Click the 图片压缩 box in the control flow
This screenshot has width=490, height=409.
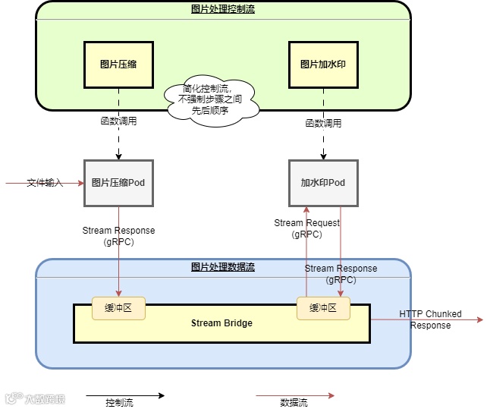[118, 64]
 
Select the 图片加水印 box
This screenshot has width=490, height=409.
[323, 64]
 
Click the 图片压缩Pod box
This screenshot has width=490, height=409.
[118, 183]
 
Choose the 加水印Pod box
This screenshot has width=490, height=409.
[323, 183]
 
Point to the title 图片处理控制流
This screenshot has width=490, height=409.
[223, 9]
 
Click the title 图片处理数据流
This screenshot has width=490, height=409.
[223, 267]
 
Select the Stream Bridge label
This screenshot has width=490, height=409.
[221, 323]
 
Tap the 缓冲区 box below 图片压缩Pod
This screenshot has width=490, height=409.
[118, 307]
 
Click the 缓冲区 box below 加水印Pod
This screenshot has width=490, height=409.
[323, 307]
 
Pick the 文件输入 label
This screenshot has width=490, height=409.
[45, 183]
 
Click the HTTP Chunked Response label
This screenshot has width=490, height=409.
[430, 319]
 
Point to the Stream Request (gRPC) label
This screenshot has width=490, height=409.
[306, 228]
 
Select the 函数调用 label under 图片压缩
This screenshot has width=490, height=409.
[119, 121]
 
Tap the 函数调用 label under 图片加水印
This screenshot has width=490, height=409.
[323, 122]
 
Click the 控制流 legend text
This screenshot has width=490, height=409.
[119, 403]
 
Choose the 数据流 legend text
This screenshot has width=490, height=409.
[294, 403]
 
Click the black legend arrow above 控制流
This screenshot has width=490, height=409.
[124, 395]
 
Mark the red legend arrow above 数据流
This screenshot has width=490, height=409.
[294, 395]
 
